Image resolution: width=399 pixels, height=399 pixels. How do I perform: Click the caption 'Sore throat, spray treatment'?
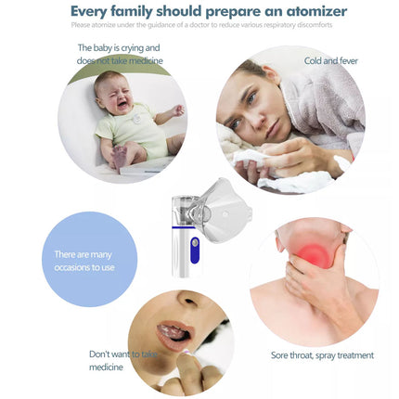click(x=322, y=355)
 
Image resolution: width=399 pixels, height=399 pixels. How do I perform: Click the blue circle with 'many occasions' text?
click(x=90, y=260)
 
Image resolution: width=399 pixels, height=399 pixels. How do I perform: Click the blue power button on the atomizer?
click(x=195, y=247)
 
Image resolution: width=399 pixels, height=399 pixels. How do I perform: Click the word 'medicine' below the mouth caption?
click(x=105, y=367)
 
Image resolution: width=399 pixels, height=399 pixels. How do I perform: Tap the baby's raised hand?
click(x=177, y=109)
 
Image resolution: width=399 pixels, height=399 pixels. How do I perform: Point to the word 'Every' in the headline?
click(x=93, y=12)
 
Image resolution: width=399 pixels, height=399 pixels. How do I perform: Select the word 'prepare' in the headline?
click(x=231, y=12)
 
